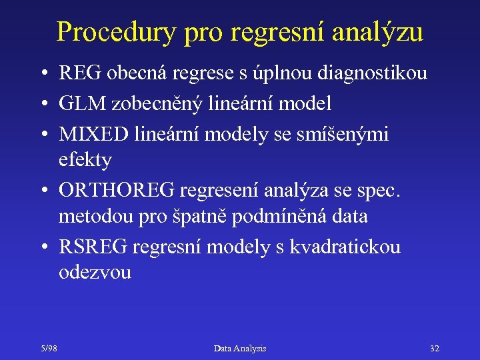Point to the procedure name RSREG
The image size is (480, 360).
click(x=93, y=247)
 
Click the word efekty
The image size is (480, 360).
click(x=85, y=160)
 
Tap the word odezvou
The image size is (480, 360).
click(x=95, y=273)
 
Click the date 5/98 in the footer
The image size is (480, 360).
click(x=48, y=348)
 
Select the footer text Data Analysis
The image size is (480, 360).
click(x=240, y=348)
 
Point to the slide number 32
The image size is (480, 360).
click(x=435, y=348)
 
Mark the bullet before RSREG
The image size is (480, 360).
click(x=42, y=247)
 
